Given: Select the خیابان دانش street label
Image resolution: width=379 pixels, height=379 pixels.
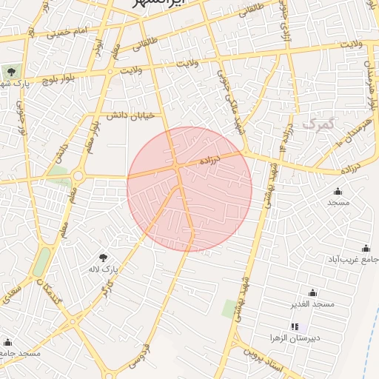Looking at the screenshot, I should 130,115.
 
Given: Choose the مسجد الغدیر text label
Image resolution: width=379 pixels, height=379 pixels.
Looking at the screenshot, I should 312,304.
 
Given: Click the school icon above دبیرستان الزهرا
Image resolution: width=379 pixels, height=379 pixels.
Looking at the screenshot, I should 295,326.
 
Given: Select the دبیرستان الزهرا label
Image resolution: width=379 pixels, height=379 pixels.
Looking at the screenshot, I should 295,338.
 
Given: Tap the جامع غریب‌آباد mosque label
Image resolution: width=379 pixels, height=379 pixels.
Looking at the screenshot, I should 354,259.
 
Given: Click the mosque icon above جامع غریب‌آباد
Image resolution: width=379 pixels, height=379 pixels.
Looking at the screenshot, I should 365,248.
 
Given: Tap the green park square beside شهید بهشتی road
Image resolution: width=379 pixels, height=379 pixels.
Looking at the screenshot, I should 229,308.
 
